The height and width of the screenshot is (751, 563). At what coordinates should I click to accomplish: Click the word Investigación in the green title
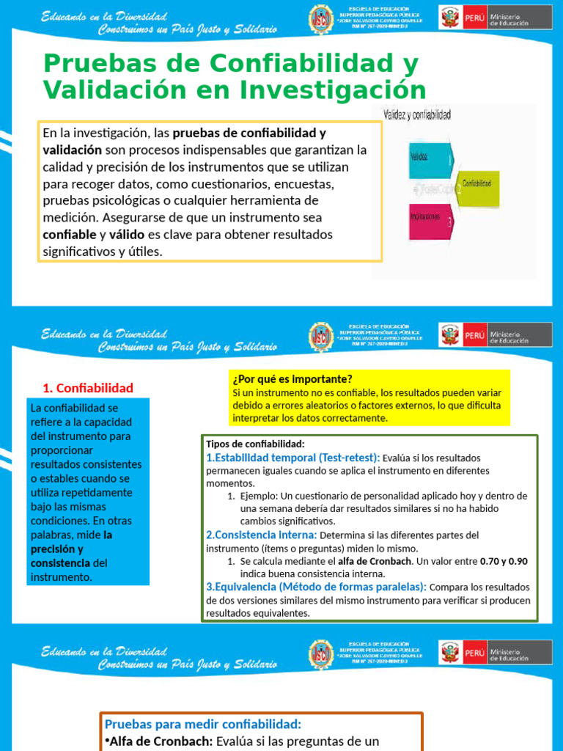327,91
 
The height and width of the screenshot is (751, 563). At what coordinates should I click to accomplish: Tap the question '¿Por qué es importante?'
292,378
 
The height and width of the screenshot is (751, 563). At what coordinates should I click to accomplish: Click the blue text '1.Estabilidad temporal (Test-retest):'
293,457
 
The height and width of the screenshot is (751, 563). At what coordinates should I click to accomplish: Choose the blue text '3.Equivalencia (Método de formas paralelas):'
316,587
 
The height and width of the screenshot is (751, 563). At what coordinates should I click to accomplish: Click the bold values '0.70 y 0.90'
504,561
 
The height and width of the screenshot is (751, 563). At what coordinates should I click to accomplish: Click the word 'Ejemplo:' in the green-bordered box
258,496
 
